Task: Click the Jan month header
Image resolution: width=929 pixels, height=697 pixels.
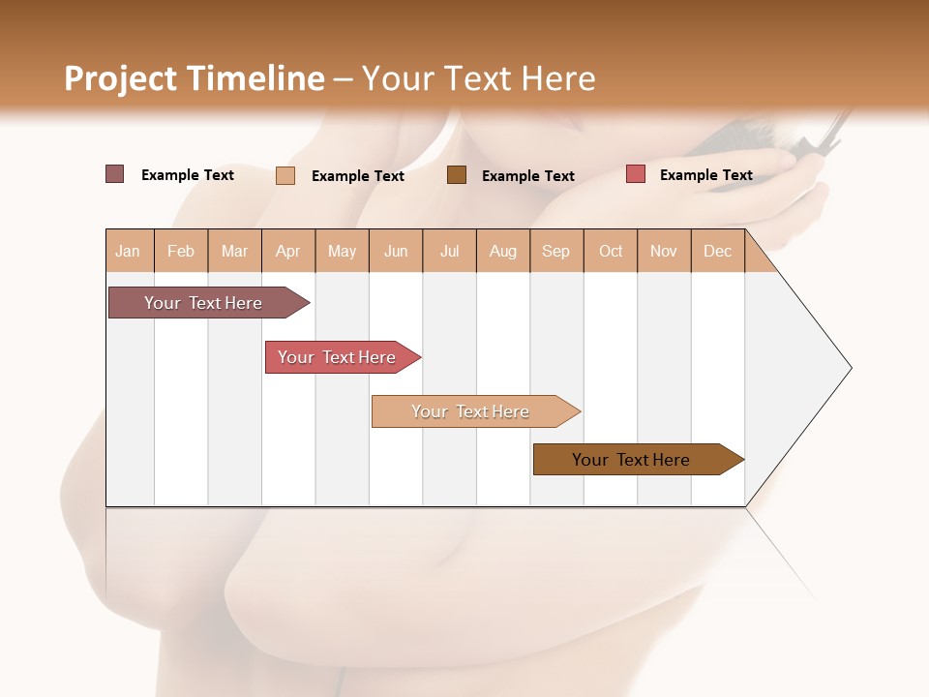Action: coord(128,251)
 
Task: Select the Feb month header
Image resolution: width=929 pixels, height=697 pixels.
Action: coord(181,251)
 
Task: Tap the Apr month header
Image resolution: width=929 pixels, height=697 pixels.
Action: coord(288,251)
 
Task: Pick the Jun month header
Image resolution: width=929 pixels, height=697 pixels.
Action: coord(396,251)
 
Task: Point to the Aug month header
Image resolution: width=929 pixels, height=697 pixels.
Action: coord(503,251)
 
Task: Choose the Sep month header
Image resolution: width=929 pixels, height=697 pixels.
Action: coord(556,251)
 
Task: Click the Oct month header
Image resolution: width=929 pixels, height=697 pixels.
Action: coord(611,251)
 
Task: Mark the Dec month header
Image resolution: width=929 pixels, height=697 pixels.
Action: coord(718,251)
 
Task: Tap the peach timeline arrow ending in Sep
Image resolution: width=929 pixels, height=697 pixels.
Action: coord(471,411)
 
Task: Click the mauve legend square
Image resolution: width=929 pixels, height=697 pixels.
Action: coord(115,174)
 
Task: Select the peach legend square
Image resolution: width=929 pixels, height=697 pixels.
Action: coord(285,175)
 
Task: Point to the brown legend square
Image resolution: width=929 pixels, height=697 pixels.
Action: coord(457,174)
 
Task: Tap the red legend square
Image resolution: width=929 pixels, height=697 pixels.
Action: coord(636,174)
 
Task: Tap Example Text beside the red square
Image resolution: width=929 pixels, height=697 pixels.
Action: coord(705,174)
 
